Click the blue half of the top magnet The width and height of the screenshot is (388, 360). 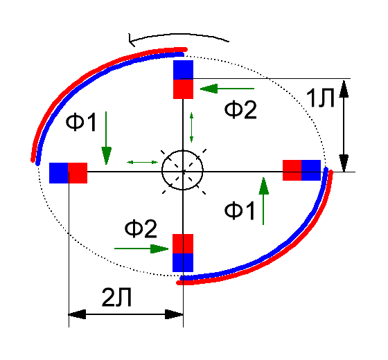click(183, 70)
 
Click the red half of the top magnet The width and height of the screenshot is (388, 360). click(183, 89)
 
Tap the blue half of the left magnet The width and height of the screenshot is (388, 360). click(59, 173)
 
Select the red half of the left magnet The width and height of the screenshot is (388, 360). click(78, 173)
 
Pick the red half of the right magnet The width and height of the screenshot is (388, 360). click(292, 170)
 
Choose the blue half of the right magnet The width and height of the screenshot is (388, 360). click(311, 170)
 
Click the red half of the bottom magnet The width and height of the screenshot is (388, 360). click(183, 244)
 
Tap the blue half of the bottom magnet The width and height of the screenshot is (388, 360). click(183, 262)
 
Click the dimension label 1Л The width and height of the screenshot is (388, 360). click(320, 98)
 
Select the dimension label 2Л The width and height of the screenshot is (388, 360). click(116, 298)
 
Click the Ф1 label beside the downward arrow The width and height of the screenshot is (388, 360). click(81, 122)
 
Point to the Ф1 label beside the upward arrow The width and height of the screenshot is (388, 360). click(239, 210)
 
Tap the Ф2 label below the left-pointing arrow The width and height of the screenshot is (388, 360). click(240, 109)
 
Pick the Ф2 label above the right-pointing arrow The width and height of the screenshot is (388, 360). click(141, 228)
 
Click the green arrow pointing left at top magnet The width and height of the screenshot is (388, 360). click(227, 89)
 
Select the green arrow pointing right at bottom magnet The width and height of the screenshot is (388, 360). click(141, 249)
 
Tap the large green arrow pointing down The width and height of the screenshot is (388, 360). click(106, 138)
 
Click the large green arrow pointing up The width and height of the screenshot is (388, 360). click(263, 201)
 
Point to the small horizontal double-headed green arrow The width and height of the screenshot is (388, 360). click(142, 162)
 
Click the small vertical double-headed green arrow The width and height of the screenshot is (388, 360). click(191, 127)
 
